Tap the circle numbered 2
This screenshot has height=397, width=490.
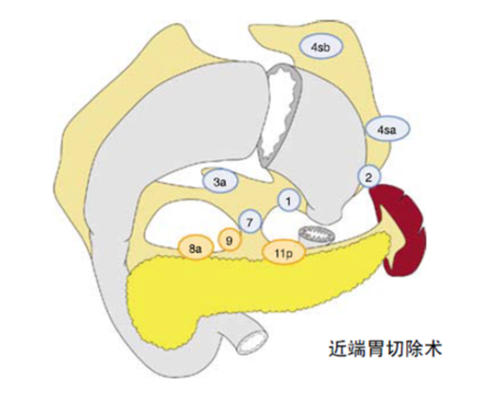click(x=369, y=177)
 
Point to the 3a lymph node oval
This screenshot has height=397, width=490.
click(x=220, y=182)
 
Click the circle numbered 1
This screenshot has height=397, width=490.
click(x=289, y=201)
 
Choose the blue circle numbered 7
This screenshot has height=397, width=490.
click(x=250, y=223)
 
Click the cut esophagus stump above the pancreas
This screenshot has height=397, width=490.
click(x=316, y=236)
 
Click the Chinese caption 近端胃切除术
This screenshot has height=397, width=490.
click(x=385, y=349)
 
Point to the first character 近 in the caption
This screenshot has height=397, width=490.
click(x=338, y=349)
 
